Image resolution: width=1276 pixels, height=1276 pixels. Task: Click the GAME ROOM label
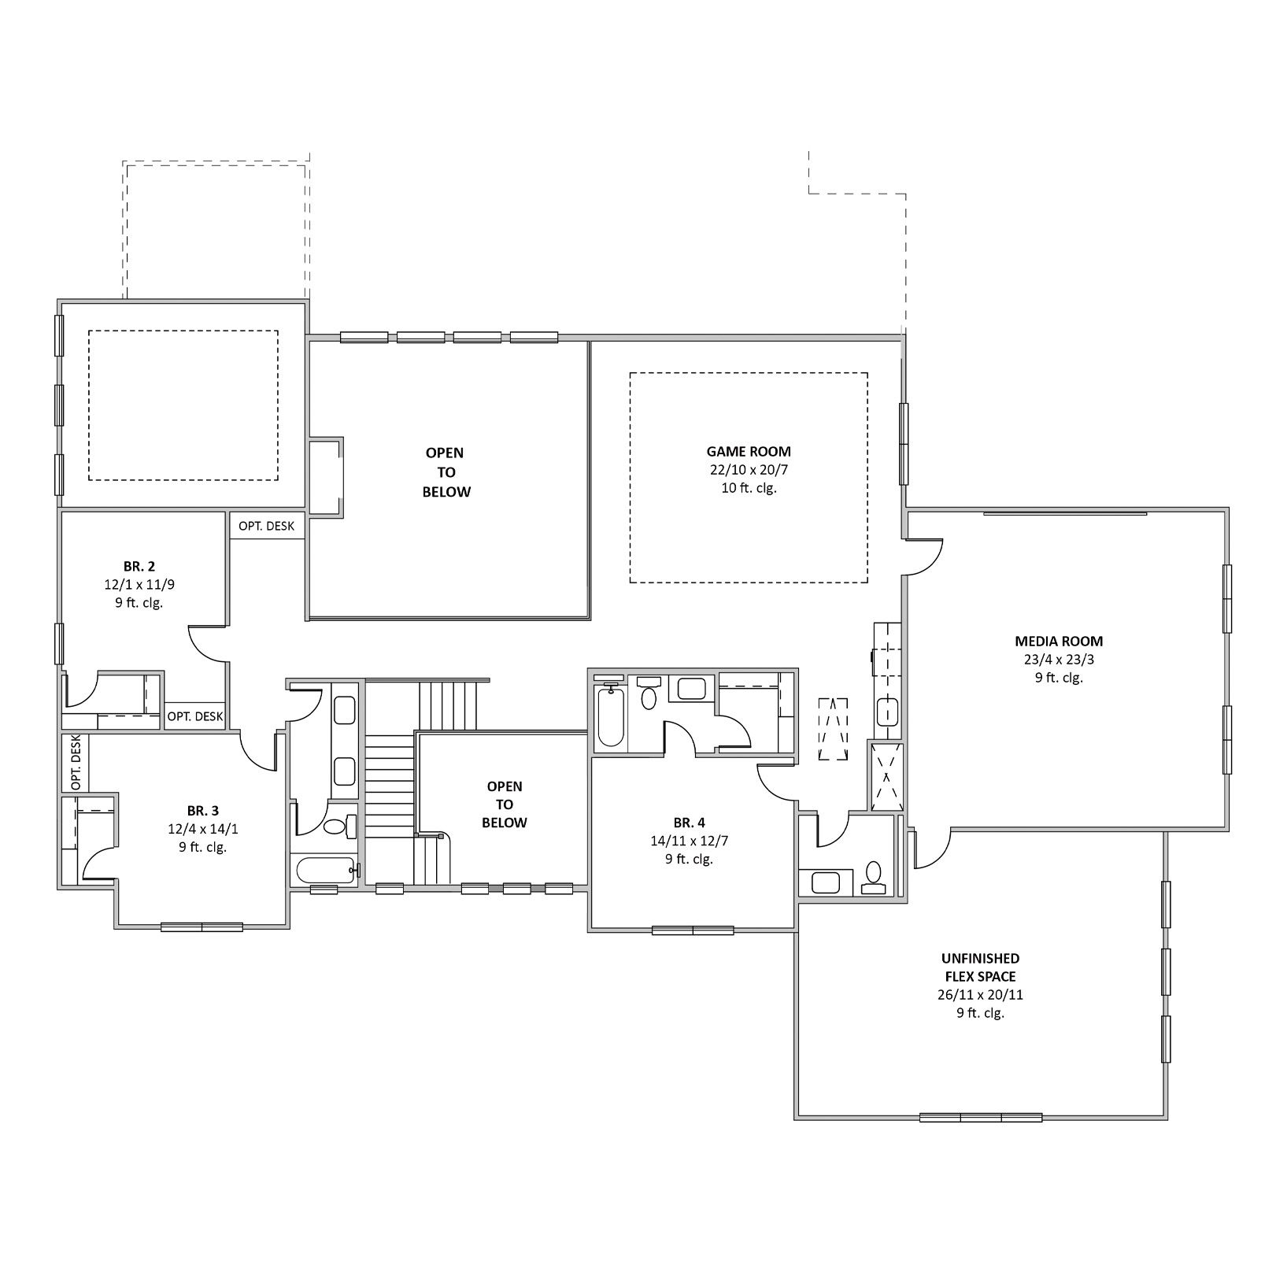point(748,452)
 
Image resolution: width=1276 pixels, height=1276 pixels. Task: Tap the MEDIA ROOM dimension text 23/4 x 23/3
point(1059,660)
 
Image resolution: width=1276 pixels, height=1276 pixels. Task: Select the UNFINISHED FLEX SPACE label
point(980,967)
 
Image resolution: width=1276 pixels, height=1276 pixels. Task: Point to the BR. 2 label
point(139,566)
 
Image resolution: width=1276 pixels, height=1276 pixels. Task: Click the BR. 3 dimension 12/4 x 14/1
point(202,829)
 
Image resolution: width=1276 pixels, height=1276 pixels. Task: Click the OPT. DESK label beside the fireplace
point(267,526)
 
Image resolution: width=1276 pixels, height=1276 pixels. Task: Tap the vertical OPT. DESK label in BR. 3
point(76,763)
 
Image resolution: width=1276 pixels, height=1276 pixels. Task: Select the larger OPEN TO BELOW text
point(446,472)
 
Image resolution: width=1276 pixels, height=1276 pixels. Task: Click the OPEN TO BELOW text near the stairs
point(505,804)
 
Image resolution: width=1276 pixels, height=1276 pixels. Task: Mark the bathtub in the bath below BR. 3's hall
point(324,870)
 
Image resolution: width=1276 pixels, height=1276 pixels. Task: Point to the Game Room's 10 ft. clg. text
point(748,488)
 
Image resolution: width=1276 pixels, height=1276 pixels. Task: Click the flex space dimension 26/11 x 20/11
point(980,995)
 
